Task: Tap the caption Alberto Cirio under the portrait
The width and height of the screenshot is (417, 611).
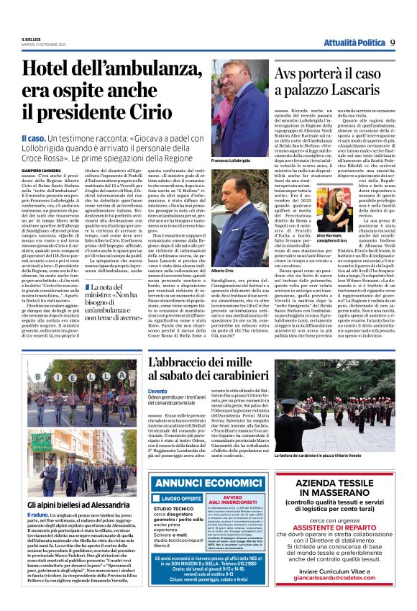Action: point(222,265)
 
